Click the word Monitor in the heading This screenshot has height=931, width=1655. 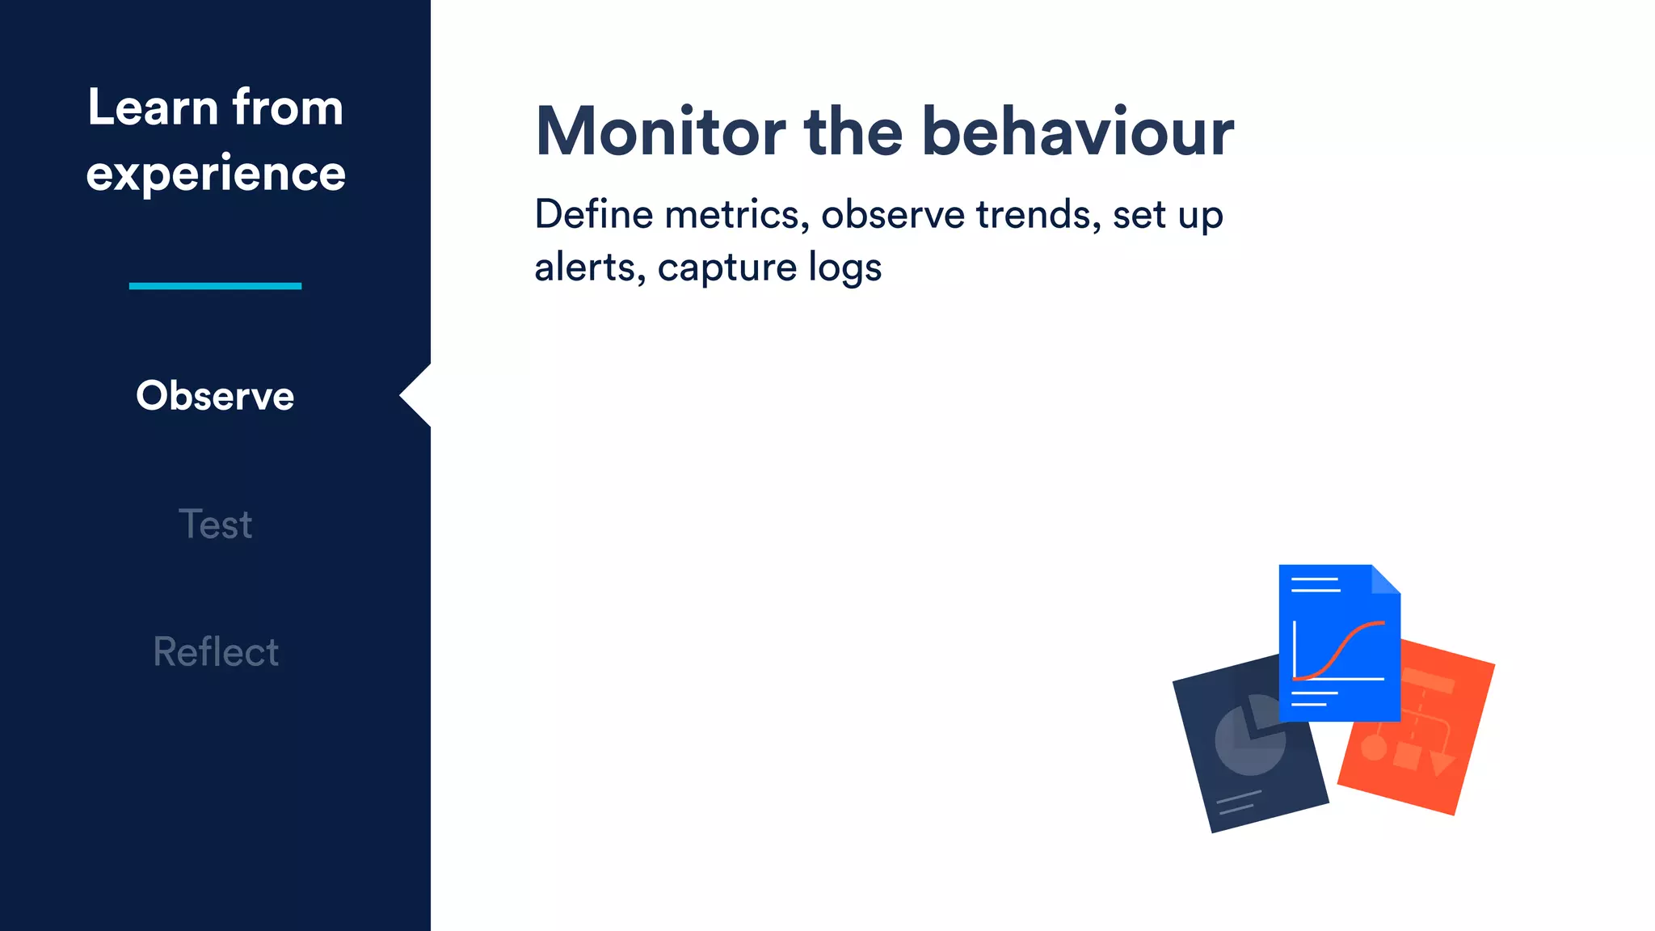pyautogui.click(x=660, y=132)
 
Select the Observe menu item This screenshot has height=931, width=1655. pyautogui.click(x=215, y=395)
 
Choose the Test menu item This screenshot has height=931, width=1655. pyautogui.click(x=215, y=524)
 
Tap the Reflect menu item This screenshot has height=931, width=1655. pyautogui.click(x=215, y=652)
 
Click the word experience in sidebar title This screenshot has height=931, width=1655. pyautogui.click(x=216, y=174)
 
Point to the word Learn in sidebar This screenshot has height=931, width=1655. pyautogui.click(x=153, y=107)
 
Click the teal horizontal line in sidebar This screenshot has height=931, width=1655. pyautogui.click(x=215, y=285)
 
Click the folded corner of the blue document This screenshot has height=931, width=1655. pyautogui.click(x=1385, y=579)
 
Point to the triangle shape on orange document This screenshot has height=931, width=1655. pyautogui.click(x=1441, y=762)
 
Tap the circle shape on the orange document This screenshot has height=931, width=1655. pyautogui.click(x=1374, y=747)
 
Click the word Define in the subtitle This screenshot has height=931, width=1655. pyautogui.click(x=593, y=215)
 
